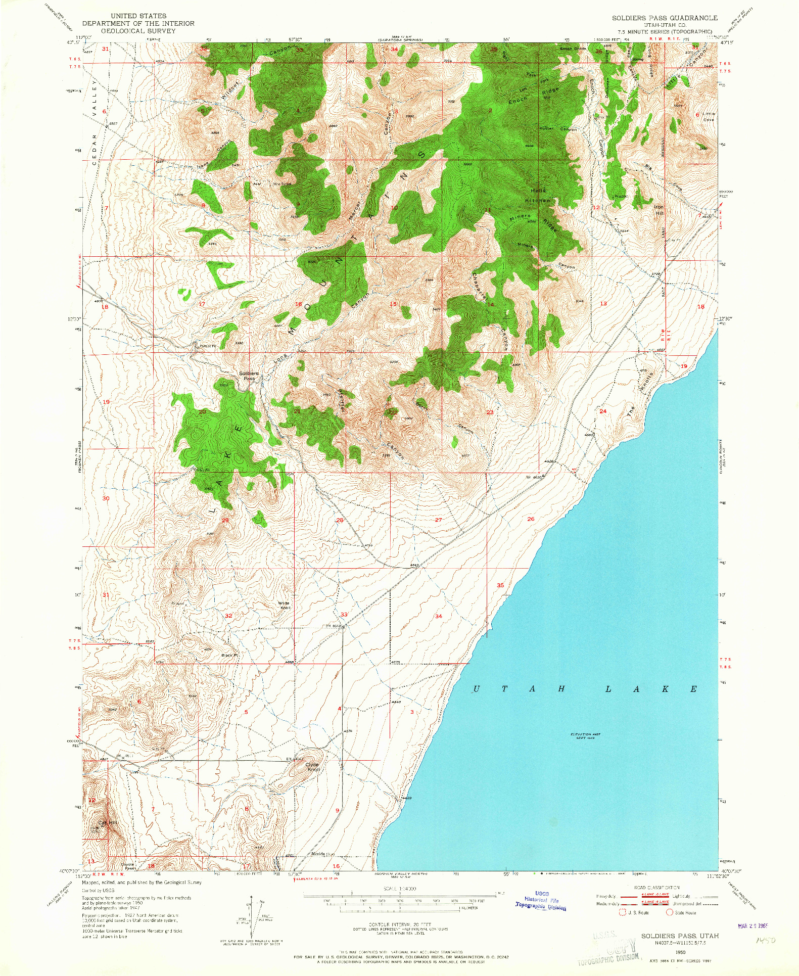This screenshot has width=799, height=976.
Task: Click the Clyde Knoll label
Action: point(312,767)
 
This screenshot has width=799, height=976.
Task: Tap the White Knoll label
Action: point(285,605)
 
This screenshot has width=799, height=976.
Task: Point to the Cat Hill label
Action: point(107,823)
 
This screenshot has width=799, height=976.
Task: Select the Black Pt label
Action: point(229,655)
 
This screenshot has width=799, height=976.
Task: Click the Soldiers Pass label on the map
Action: point(249,376)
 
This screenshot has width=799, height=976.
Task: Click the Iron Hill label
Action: point(659,210)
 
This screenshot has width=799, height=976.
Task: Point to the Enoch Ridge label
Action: point(534,95)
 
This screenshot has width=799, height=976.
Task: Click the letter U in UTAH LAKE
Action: point(476,689)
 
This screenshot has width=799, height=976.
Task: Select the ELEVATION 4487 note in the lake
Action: point(584,736)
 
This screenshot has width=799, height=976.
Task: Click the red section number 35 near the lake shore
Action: point(500,585)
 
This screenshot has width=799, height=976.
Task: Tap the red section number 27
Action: point(438,520)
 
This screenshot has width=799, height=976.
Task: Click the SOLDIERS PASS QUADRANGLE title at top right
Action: point(665,18)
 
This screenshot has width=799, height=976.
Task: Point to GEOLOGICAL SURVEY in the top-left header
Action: point(138,31)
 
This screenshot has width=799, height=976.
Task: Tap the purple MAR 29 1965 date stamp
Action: point(753,926)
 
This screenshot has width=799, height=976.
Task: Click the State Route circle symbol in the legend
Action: point(670,912)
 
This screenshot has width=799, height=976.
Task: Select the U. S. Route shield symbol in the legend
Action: point(623,912)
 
